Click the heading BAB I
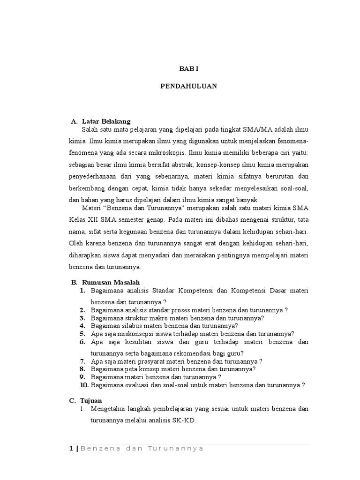coord(189,68)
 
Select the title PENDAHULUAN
coord(189,86)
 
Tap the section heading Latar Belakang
coord(106,121)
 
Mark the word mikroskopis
coord(167,152)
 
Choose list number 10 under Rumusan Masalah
coord(84,385)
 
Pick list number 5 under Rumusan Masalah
coord(82,334)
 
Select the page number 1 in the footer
coord(71,449)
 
